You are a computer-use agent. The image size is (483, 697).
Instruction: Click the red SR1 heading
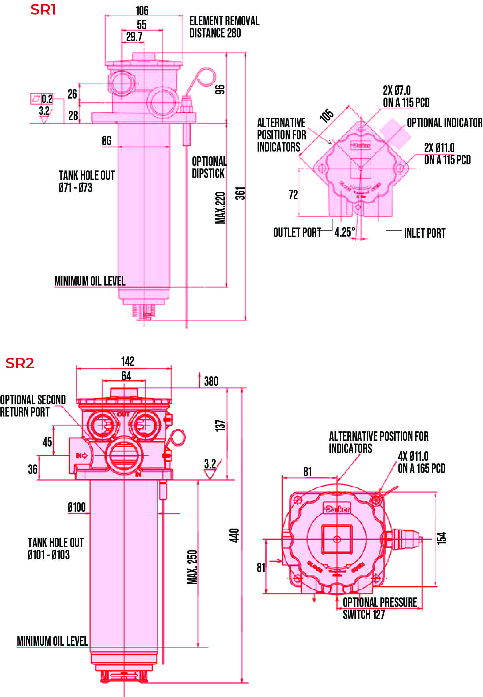point(43,9)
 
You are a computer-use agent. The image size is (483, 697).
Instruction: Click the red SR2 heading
point(20,363)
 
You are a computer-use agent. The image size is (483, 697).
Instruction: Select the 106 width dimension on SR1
point(142,11)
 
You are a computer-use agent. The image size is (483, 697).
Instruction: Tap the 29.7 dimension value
point(134,37)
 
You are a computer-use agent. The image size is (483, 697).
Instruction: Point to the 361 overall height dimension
point(240,193)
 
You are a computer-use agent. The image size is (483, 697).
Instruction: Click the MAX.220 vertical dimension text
point(220,208)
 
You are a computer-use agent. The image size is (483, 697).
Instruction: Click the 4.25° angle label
point(345,232)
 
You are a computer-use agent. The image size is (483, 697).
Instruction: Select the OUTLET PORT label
point(297,233)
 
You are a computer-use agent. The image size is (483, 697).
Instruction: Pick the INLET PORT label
point(425,233)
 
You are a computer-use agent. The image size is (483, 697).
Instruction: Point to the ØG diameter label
point(107,140)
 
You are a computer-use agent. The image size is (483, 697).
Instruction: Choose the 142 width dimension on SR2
point(128,361)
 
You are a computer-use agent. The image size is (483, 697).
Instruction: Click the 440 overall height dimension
point(234,535)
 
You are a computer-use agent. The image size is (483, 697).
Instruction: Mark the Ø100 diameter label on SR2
point(77,507)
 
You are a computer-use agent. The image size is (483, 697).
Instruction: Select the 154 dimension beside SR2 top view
point(441,538)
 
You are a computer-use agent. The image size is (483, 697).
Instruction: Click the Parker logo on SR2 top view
point(337,508)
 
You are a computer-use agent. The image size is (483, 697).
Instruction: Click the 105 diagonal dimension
point(326,115)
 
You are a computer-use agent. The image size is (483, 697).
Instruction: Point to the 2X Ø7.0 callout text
point(397,90)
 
